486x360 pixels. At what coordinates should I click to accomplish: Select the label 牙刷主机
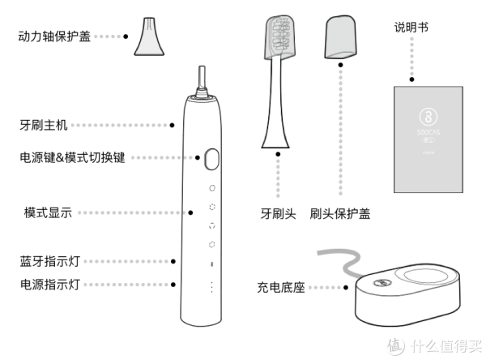[x=43, y=126]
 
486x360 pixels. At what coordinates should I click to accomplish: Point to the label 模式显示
[x=48, y=213]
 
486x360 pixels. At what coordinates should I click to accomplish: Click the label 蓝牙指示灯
[x=50, y=262]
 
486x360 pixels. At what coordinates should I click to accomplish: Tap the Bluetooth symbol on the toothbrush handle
[x=211, y=264]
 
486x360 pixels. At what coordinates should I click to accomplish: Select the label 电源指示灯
[x=50, y=285]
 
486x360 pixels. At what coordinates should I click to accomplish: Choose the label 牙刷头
[x=278, y=215]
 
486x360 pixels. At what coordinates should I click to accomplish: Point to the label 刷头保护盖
[x=340, y=215]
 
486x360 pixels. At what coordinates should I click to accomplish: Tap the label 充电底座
[x=279, y=288]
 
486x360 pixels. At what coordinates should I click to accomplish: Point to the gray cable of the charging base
[x=332, y=259]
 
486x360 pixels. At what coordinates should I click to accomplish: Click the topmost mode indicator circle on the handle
[x=211, y=187]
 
